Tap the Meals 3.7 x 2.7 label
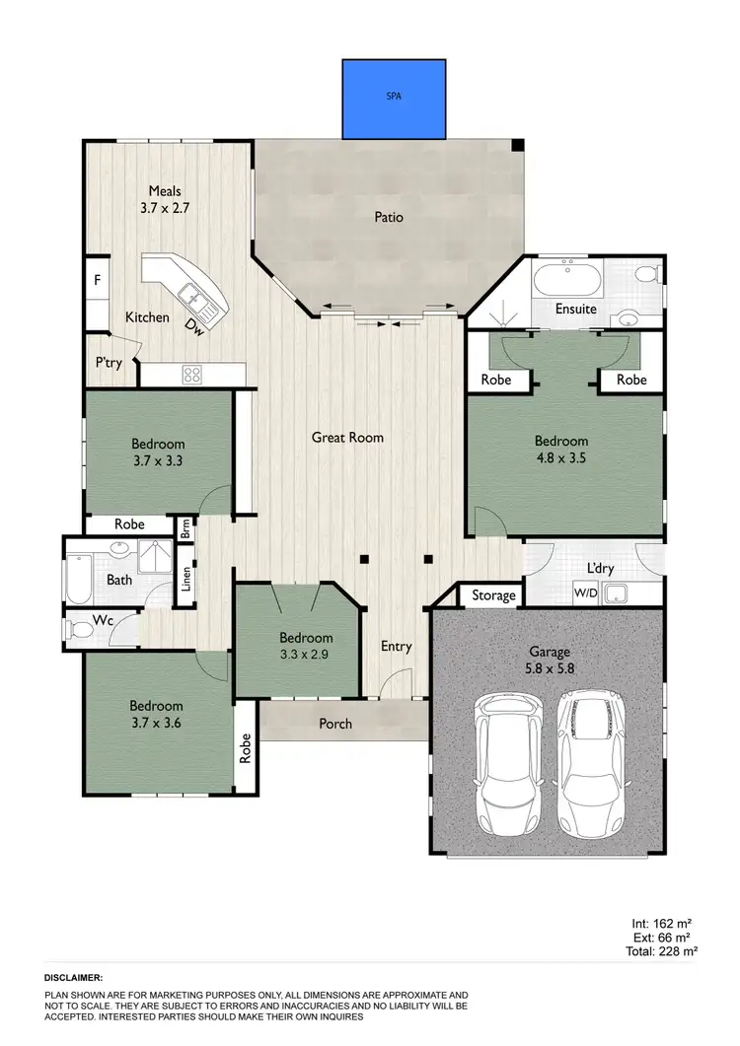pos(166,200)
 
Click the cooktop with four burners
pos(192,375)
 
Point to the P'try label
pos(109,363)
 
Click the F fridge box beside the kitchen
pos(97,281)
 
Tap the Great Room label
pos(347,437)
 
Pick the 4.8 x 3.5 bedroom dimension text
pos(561,457)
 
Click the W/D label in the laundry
pos(584,593)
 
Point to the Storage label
pos(493,595)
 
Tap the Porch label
pos(335,724)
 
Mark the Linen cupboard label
pos(185,584)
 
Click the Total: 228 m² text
pos(664,951)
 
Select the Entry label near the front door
pos(396,647)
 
